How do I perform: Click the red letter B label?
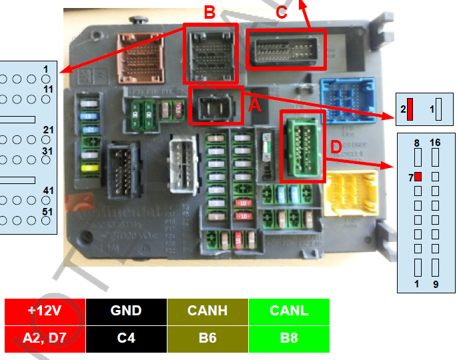[x=209, y=13]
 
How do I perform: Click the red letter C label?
[x=281, y=11]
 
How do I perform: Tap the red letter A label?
[x=254, y=105]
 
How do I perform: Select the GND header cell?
[x=125, y=311]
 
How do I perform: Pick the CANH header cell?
[x=207, y=311]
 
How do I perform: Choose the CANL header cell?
[x=289, y=311]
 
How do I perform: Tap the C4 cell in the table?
[x=125, y=339]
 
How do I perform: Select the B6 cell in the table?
[x=207, y=339]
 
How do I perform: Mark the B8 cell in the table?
[x=289, y=339]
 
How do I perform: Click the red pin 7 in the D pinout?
[x=418, y=177]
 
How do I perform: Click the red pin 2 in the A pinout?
[x=410, y=109]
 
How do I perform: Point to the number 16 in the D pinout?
[x=436, y=143]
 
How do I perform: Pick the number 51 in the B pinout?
[x=47, y=212]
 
